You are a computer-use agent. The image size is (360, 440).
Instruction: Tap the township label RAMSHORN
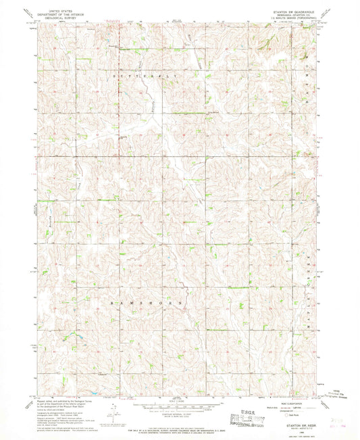tap(147, 304)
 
